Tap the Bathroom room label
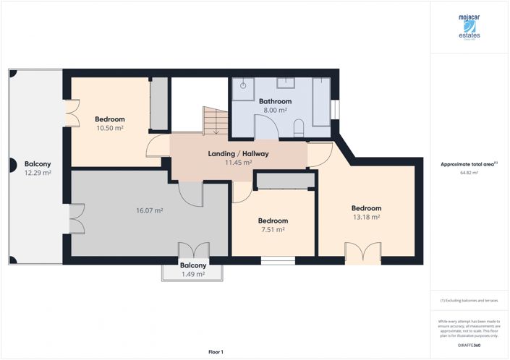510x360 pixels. (276, 101)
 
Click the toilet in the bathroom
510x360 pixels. (299, 129)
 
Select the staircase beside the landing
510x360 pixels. (215, 121)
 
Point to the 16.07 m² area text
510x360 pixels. (149, 211)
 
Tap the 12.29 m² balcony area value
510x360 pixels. (36, 172)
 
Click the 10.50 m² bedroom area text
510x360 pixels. (110, 128)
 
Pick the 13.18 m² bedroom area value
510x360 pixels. (365, 216)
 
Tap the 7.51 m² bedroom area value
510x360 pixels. (273, 229)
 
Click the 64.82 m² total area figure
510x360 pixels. (469, 173)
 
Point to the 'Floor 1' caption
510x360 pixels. (216, 351)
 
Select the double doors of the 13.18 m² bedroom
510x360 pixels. (362, 253)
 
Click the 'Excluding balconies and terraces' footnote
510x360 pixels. (469, 300)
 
